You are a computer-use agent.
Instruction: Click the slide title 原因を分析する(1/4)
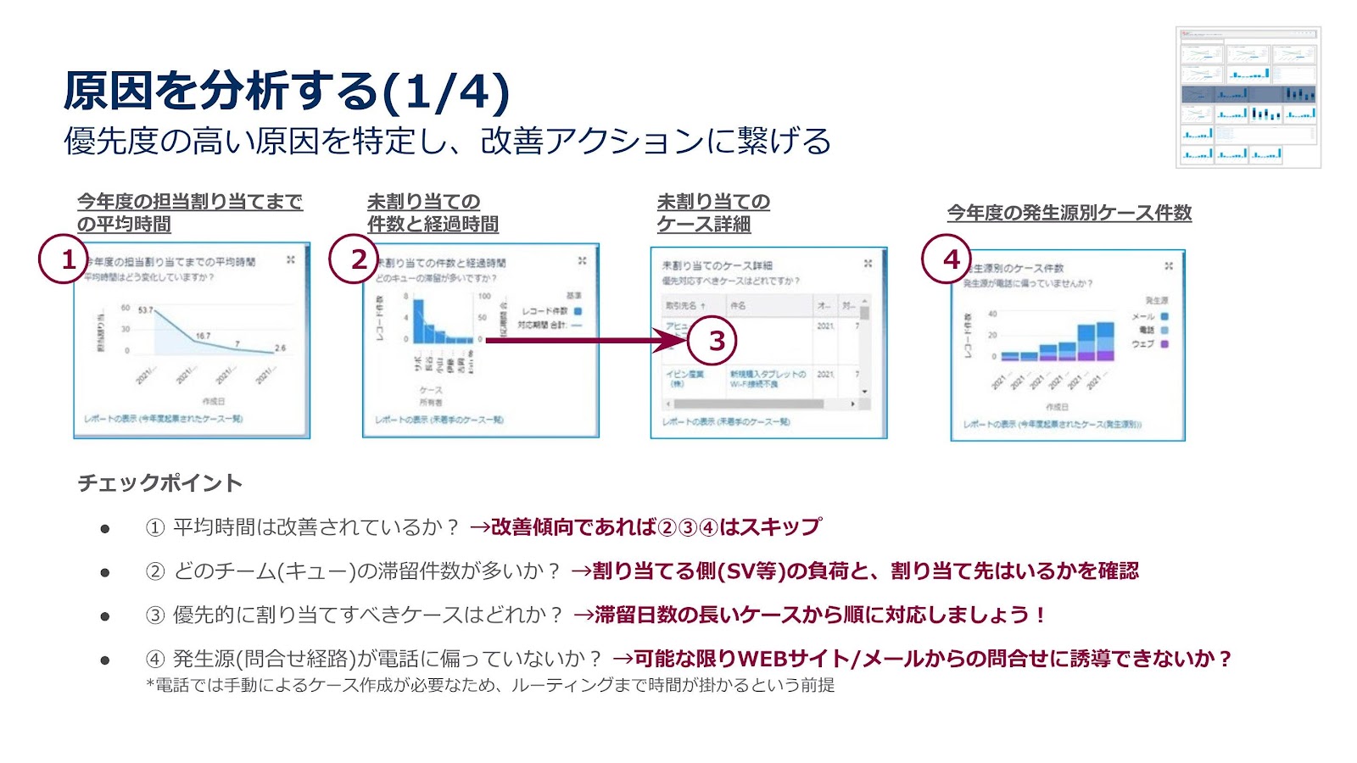287,92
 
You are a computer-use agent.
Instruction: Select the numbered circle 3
712,341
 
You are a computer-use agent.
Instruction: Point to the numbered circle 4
947,259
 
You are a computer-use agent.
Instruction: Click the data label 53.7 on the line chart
145,310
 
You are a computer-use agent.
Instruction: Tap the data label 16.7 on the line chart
204,336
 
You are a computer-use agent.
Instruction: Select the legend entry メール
1144,316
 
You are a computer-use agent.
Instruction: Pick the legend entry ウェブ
1144,344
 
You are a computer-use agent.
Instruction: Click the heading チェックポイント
160,483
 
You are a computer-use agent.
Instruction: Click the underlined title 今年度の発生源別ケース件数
1069,213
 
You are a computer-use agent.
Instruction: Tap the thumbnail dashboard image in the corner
1248,97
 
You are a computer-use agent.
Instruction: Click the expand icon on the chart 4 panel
1169,266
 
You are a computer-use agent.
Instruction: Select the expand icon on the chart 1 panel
291,260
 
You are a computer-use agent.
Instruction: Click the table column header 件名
738,305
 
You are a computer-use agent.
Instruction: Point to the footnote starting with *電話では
490,685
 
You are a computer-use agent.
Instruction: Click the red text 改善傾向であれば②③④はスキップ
655,527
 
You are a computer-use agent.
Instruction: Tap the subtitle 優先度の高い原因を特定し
447,141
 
